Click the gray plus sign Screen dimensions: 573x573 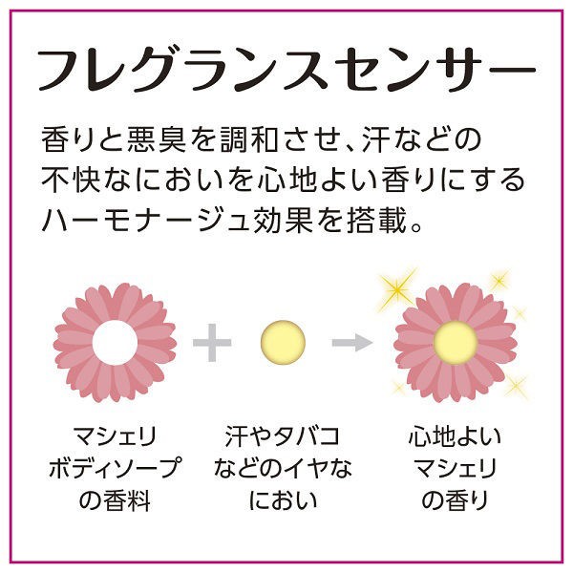click(212, 343)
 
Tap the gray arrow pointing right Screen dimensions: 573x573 click(351, 343)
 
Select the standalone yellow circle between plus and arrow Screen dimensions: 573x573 click(283, 343)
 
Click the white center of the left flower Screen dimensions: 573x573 click(115, 343)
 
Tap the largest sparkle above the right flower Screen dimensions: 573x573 click(397, 289)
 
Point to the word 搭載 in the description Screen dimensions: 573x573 click(376, 221)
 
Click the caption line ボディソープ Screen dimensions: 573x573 click(115, 468)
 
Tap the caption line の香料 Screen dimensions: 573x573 click(115, 499)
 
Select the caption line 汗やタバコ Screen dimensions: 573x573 click(282, 436)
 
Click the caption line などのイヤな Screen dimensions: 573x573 click(283, 468)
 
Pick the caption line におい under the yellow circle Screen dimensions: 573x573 click(283, 499)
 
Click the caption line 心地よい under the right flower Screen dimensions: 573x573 click(455, 436)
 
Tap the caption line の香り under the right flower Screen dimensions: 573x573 click(455, 499)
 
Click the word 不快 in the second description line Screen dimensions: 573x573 click(71, 180)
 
